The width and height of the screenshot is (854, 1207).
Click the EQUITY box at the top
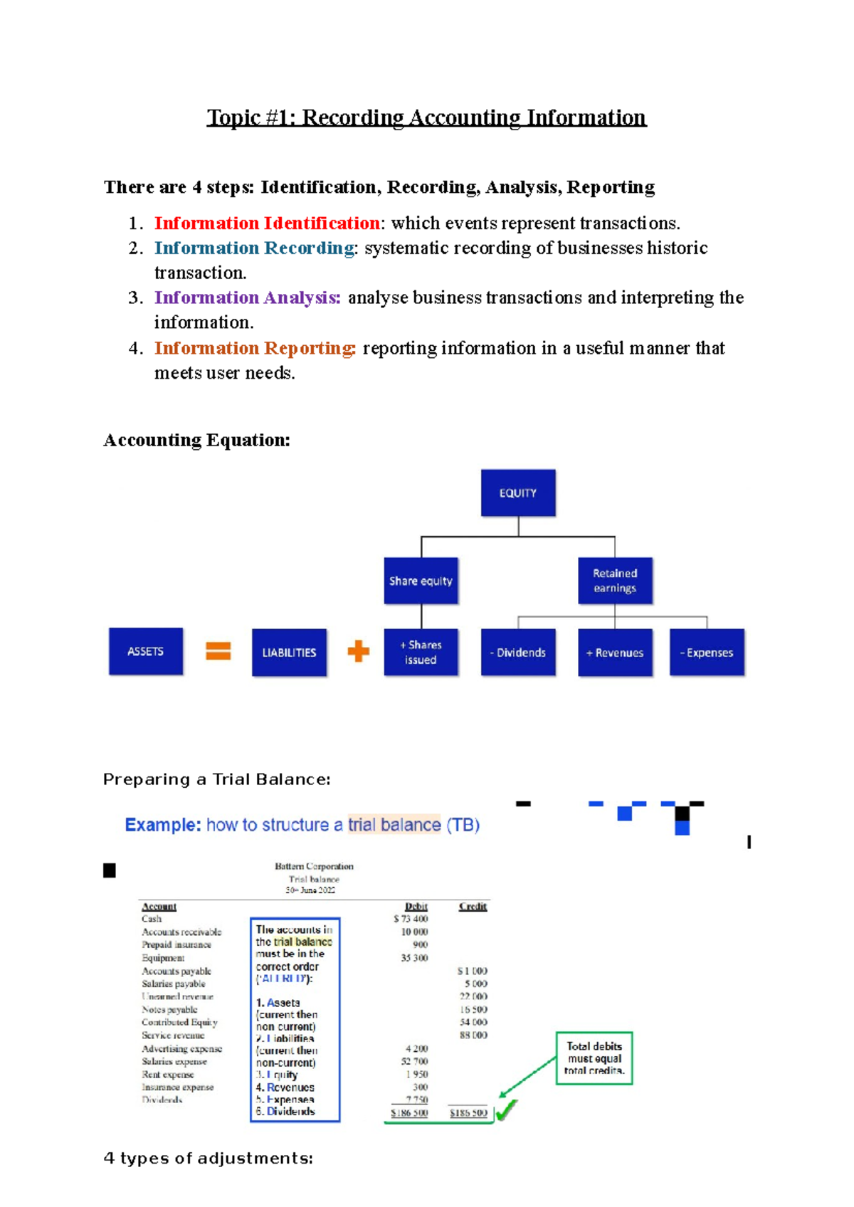pyautogui.click(x=518, y=492)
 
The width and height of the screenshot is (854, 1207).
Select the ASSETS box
pyautogui.click(x=146, y=651)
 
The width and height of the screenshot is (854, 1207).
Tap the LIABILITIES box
pyautogui.click(x=289, y=652)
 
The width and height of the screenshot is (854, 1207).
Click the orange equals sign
pyautogui.click(x=218, y=650)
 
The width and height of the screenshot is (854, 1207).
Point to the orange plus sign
pyautogui.click(x=359, y=650)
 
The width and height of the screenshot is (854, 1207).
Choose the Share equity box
pyautogui.click(x=421, y=581)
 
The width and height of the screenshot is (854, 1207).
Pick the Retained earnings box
pyautogui.click(x=615, y=581)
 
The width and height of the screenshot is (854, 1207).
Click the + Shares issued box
pyautogui.click(x=421, y=652)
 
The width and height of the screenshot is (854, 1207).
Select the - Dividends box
pyautogui.click(x=518, y=652)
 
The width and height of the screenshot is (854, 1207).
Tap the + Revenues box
pyautogui.click(x=615, y=652)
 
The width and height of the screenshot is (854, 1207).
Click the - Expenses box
pyautogui.click(x=707, y=652)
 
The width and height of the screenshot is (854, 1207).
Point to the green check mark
pyautogui.click(x=506, y=1110)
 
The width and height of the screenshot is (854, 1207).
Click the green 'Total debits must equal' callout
pyautogui.click(x=594, y=1058)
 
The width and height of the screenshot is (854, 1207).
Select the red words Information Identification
pyautogui.click(x=267, y=223)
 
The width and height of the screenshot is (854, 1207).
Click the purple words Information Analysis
pyautogui.click(x=247, y=297)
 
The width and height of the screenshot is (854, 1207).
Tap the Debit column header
pyautogui.click(x=416, y=906)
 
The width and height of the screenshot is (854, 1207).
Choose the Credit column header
pyautogui.click(x=473, y=906)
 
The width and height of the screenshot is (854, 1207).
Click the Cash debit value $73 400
pyautogui.click(x=411, y=919)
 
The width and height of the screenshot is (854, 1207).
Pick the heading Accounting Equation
pyautogui.click(x=196, y=441)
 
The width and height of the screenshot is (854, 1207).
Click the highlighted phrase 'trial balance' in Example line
pyautogui.click(x=394, y=825)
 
